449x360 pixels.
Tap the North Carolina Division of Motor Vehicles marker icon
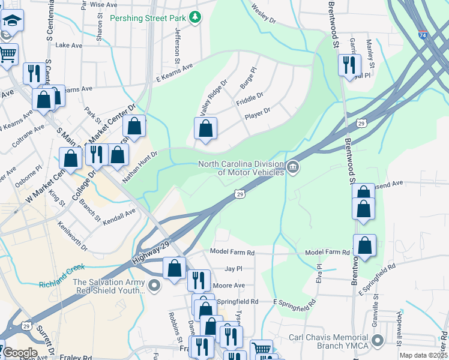293,167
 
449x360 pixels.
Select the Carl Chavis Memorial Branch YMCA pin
378,341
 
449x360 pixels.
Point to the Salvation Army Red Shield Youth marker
155,285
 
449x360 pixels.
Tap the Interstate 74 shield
423,35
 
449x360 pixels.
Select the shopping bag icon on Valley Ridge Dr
206,128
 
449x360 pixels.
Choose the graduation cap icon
11,21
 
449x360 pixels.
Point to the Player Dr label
258,112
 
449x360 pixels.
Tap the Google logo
20,353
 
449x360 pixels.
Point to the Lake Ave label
68,45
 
